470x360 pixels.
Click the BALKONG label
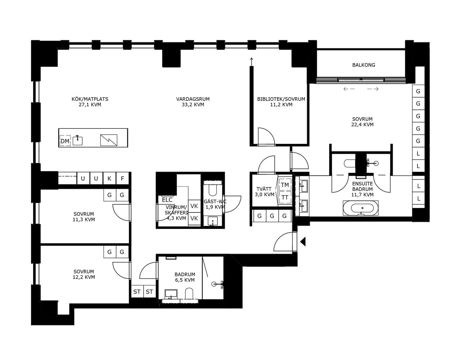364,65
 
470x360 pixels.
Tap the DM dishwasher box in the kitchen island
65,141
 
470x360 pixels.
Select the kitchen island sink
77,140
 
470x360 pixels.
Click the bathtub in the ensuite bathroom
361,208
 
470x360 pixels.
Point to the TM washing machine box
285,185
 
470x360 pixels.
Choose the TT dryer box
285,197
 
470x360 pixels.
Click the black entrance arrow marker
303,241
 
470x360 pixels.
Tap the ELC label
167,200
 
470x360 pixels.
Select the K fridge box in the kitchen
109,178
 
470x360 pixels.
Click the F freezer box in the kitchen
122,178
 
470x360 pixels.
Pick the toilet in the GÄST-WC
213,189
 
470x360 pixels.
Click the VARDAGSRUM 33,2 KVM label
193,102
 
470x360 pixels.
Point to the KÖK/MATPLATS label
90,99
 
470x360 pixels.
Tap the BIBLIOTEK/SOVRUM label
281,99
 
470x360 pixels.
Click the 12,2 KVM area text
84,277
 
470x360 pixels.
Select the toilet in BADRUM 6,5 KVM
189,293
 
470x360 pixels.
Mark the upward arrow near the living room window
251,62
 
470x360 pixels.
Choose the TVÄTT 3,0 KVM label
264,192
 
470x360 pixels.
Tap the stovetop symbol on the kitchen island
109,140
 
